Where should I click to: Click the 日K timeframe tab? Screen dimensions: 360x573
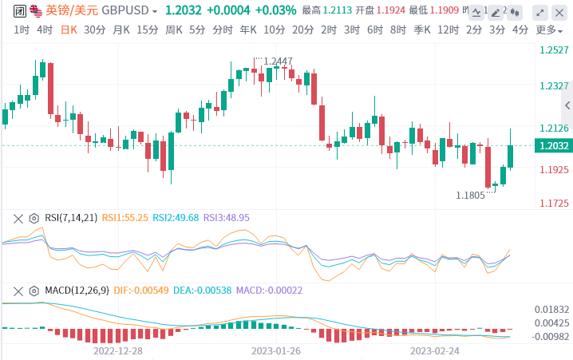tap(69, 30)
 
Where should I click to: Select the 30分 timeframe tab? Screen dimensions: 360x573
tap(94, 30)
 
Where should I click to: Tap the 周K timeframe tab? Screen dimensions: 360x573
tap(174, 30)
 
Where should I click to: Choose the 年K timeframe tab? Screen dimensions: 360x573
tap(248, 30)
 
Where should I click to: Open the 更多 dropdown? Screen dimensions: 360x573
tap(547, 30)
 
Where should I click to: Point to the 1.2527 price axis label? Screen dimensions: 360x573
tap(553, 50)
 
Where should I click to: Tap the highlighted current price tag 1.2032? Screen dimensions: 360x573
tap(553, 146)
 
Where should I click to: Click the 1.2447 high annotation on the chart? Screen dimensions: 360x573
tap(278, 61)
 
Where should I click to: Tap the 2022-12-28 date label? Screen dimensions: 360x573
tap(118, 350)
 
